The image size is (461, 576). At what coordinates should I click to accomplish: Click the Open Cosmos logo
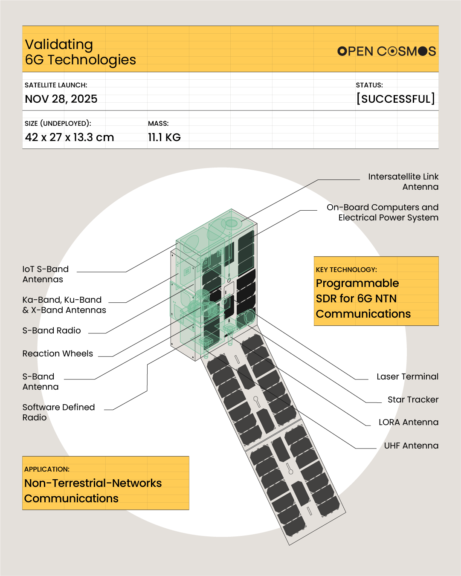[386, 51]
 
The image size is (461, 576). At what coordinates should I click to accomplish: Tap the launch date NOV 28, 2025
[61, 99]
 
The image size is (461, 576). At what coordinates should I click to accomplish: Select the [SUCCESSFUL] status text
[395, 99]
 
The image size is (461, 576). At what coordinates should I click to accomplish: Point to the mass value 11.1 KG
[164, 137]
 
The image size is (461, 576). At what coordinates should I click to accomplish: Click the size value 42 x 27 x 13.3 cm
[70, 137]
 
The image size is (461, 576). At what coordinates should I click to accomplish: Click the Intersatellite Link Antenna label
[403, 182]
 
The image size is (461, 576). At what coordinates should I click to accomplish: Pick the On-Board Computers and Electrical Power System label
[383, 212]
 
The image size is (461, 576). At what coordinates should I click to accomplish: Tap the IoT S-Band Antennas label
[45, 274]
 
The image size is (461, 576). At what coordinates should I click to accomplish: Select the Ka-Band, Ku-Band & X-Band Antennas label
[64, 305]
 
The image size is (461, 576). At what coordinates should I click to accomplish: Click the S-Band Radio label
[52, 330]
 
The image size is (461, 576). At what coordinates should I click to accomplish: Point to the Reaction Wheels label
[58, 353]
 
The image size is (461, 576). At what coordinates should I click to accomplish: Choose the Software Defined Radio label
[58, 412]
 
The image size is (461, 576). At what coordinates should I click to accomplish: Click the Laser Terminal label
[407, 376]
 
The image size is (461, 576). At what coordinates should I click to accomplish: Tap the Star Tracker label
[413, 399]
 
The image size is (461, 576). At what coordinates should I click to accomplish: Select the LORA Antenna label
[408, 422]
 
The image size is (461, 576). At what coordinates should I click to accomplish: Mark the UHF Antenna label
[411, 446]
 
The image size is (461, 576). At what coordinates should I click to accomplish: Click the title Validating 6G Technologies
[80, 52]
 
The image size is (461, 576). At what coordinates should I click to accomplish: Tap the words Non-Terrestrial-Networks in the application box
[93, 483]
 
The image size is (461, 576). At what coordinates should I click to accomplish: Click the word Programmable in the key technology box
[357, 283]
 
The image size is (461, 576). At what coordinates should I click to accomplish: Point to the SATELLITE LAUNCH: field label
[56, 85]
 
